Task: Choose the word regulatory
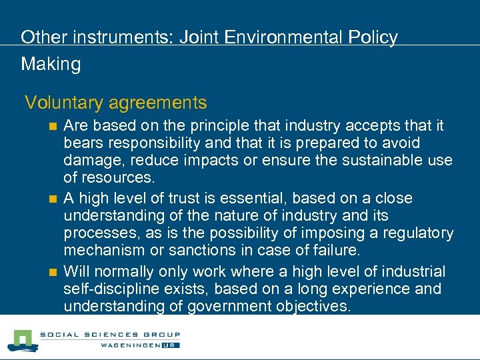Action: click(416, 233)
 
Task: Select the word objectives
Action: click(319, 307)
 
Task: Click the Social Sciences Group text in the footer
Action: click(111, 335)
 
